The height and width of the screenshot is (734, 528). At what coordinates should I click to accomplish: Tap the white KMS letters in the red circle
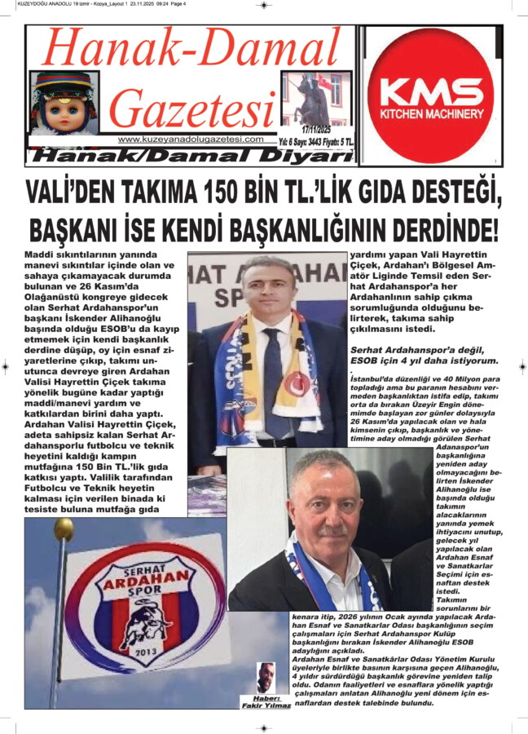click(430, 90)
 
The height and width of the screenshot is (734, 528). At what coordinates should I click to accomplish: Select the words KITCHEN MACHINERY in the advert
click(430, 113)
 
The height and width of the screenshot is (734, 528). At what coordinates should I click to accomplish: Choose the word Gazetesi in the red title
click(192, 109)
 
